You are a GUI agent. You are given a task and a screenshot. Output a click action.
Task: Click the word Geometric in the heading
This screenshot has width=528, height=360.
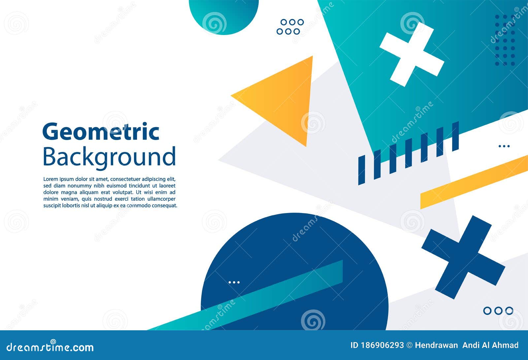pyautogui.click(x=101, y=131)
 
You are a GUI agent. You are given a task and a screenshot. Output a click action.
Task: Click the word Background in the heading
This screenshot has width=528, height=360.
pyautogui.click(x=109, y=157)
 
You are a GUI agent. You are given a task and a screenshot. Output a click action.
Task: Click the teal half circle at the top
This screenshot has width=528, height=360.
pyautogui.click(x=224, y=15)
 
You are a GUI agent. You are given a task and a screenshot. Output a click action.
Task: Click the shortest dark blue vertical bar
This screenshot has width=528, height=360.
pyautogui.click(x=362, y=170)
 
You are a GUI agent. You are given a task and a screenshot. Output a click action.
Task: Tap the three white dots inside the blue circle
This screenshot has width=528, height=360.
pyautogui.click(x=234, y=282)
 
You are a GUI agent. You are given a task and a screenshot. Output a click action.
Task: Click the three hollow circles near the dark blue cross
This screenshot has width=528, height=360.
pyautogui.click(x=498, y=311)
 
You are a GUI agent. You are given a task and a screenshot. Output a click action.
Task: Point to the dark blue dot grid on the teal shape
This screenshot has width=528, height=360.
pyautogui.click(x=505, y=40)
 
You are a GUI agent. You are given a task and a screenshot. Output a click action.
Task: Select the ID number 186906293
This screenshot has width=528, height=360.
pyautogui.click(x=381, y=345)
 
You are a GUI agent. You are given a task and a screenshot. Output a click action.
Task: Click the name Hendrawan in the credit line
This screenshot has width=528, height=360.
pyautogui.click(x=436, y=345)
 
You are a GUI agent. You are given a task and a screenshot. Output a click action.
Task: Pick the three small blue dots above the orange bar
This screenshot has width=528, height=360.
pyautogui.click(x=504, y=146)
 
